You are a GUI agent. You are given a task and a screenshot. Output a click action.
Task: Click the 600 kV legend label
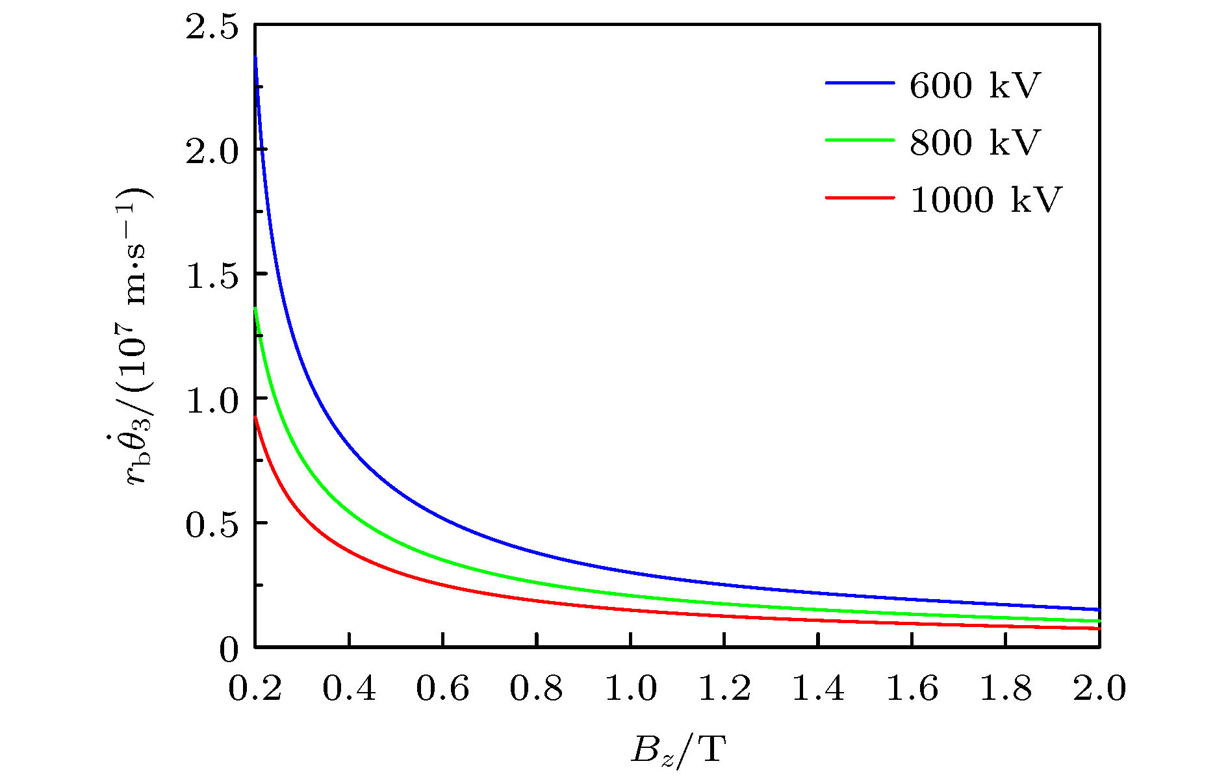click(975, 85)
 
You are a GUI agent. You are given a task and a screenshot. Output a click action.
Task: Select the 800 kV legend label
click(975, 142)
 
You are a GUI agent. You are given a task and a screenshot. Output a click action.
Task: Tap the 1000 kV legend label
click(986, 199)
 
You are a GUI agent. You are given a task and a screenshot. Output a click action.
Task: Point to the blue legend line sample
click(860, 83)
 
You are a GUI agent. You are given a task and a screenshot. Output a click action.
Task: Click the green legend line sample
click(860, 140)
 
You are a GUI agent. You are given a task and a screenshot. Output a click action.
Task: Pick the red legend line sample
click(860, 197)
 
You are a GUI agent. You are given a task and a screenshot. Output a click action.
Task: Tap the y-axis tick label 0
click(229, 649)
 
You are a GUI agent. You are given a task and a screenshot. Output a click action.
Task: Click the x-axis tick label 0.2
click(255, 688)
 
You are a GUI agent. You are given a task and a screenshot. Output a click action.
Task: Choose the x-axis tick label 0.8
click(536, 688)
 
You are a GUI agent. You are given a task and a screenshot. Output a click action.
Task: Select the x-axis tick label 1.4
click(818, 688)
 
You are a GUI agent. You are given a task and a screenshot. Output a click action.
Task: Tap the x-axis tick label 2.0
click(1099, 688)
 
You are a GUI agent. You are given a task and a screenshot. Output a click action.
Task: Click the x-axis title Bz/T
click(678, 751)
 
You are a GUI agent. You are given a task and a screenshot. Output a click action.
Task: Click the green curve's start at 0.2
click(255, 309)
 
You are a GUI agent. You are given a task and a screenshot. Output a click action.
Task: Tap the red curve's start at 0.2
click(255, 417)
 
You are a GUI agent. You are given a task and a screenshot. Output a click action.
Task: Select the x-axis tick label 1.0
click(630, 688)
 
